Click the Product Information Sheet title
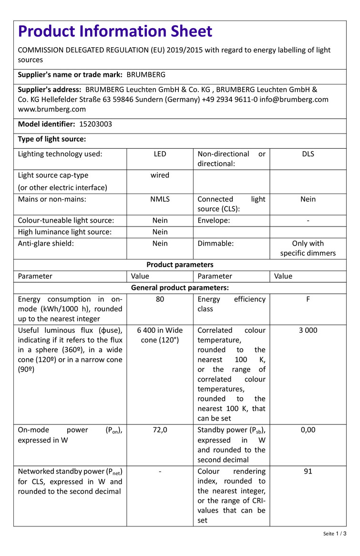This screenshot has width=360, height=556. pyautogui.click(x=115, y=31)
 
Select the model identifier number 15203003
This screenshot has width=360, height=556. pyautogui.click(x=96, y=124)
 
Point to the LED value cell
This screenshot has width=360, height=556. pyautogui.click(x=160, y=154)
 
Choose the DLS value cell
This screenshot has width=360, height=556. pyautogui.click(x=308, y=154)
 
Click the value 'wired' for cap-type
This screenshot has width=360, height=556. pyautogui.click(x=160, y=175)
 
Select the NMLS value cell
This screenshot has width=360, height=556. pyautogui.click(x=160, y=199)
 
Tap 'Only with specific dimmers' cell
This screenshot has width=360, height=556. pyautogui.click(x=308, y=248)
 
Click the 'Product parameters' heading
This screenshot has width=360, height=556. pyautogui.click(x=180, y=265)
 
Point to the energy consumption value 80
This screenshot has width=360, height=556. pyautogui.click(x=160, y=299)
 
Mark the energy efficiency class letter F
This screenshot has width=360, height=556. pyautogui.click(x=308, y=299)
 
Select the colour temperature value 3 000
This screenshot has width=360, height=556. pyautogui.click(x=308, y=330)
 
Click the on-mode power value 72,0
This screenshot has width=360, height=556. pyautogui.click(x=160, y=430)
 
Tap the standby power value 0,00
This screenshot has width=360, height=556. pyautogui.click(x=308, y=430)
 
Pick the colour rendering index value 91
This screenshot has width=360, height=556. pyautogui.click(x=308, y=472)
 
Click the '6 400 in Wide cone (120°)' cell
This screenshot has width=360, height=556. pyautogui.click(x=160, y=335)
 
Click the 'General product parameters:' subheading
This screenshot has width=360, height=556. pyautogui.click(x=180, y=288)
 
